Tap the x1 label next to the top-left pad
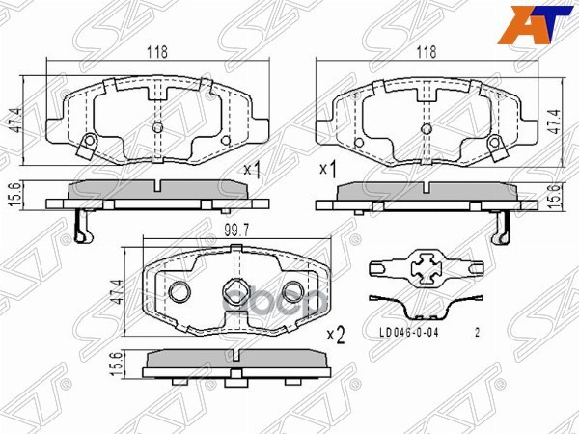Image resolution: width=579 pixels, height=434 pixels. tap(254, 170)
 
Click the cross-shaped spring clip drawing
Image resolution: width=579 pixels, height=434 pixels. tap(426, 265)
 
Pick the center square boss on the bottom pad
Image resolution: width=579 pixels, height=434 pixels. tap(235, 289)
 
